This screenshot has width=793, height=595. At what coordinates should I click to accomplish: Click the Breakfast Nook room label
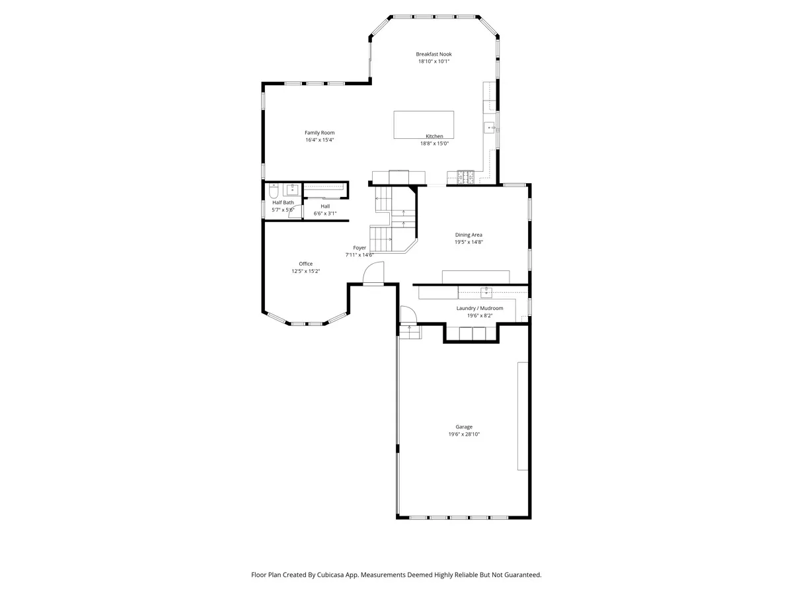pyautogui.click(x=434, y=54)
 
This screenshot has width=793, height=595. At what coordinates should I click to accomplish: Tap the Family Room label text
pyautogui.click(x=319, y=133)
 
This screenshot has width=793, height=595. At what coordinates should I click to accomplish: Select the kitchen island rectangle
pyautogui.click(x=424, y=125)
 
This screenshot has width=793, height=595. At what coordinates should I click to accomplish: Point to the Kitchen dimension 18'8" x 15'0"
pyautogui.click(x=434, y=143)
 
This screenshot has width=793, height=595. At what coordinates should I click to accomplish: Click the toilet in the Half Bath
pyautogui.click(x=274, y=190)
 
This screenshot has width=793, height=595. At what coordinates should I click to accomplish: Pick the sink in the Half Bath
pyautogui.click(x=292, y=189)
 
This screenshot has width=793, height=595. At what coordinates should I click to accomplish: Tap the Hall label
pyautogui.click(x=325, y=206)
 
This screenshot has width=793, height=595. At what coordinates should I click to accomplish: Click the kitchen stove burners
pyautogui.click(x=466, y=177)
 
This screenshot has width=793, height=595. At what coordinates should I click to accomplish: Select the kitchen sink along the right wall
pyautogui.click(x=489, y=128)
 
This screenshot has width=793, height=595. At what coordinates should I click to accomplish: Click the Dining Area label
pyautogui.click(x=469, y=235)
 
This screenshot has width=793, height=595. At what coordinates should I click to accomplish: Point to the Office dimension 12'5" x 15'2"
pyautogui.click(x=306, y=271)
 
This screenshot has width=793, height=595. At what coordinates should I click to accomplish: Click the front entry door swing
pyautogui.click(x=373, y=273)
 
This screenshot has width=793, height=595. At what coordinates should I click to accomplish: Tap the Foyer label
pyautogui.click(x=359, y=248)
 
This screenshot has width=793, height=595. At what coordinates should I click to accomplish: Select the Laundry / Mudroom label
pyautogui.click(x=480, y=308)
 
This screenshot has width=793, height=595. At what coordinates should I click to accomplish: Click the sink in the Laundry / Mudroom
pyautogui.click(x=486, y=293)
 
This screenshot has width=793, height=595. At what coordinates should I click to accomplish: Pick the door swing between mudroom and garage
pyautogui.click(x=408, y=314)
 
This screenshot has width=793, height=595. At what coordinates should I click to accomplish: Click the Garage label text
pyautogui.click(x=464, y=426)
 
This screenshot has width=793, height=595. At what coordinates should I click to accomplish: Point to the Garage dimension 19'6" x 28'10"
pyautogui.click(x=464, y=434)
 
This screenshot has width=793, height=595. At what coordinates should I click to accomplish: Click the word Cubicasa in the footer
pyautogui.click(x=330, y=575)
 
